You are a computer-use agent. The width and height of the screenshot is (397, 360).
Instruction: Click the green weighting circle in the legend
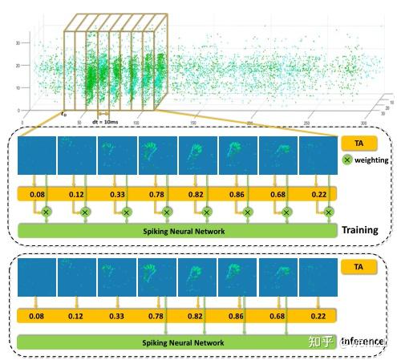(347, 160)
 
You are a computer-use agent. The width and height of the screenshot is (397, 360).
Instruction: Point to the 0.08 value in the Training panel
(36, 194)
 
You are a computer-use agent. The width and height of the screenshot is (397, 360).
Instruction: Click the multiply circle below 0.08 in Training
(46, 212)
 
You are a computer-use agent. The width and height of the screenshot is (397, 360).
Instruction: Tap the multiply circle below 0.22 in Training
(328, 212)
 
